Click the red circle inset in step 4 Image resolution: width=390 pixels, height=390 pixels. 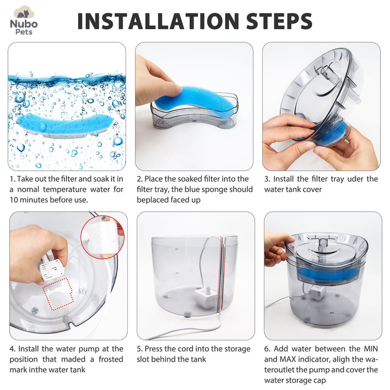(x=103, y=236)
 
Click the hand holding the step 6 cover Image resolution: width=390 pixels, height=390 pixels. (x=278, y=246)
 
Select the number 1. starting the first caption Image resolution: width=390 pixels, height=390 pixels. (x=13, y=179)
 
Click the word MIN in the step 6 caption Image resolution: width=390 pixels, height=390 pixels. (x=368, y=349)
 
